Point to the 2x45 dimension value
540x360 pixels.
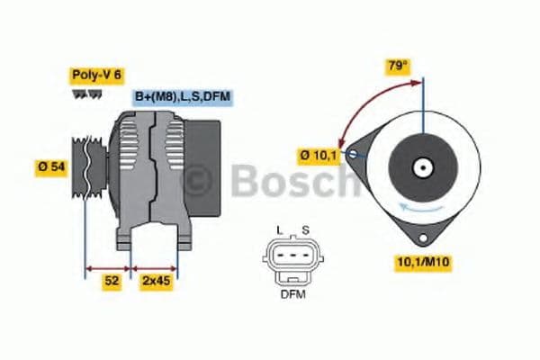tap(155, 281)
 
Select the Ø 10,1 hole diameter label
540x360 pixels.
tap(318, 156)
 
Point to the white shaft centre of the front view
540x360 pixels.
tap(421, 167)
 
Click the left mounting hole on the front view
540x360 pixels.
tap(352, 155)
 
